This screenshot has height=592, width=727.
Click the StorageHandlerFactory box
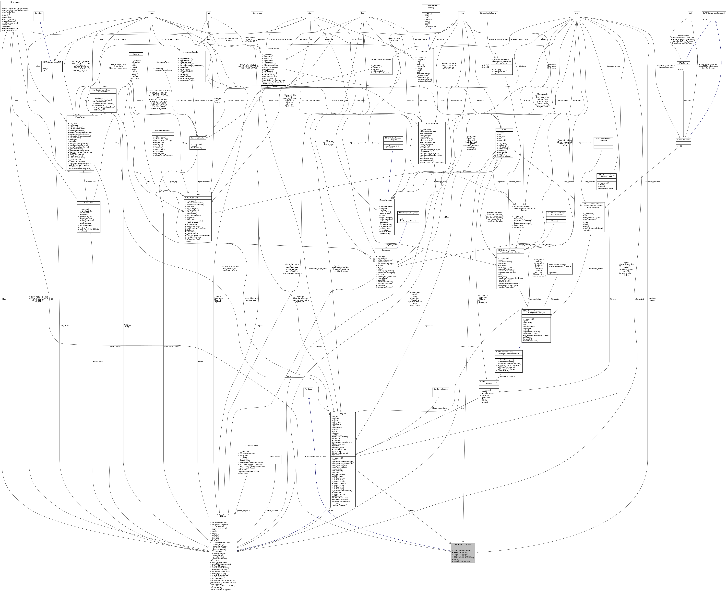click(x=488, y=13)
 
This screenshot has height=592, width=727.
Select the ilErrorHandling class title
click(x=273, y=48)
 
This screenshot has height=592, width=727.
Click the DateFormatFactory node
click(x=440, y=389)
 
